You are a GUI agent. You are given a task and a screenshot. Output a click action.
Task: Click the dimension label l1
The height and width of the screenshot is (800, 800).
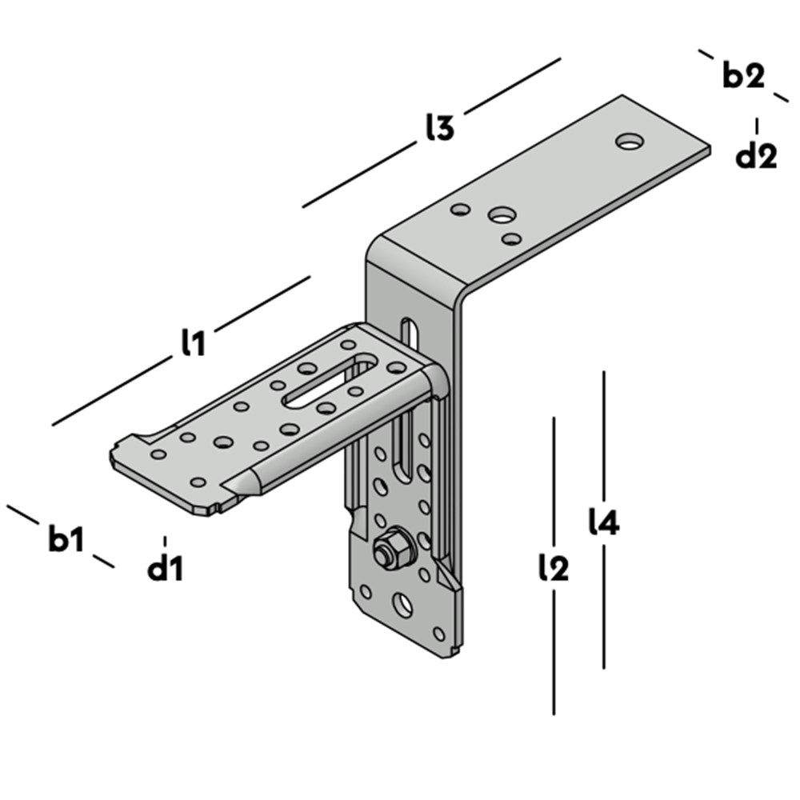coord(193,342)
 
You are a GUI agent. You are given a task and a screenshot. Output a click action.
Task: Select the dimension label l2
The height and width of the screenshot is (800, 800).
coord(554,568)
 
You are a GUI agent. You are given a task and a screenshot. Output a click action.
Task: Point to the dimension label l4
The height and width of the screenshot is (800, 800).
coord(604,522)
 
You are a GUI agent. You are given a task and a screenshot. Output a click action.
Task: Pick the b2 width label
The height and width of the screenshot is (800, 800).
coord(743,76)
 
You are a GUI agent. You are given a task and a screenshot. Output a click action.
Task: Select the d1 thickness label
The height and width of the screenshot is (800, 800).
coord(166,569)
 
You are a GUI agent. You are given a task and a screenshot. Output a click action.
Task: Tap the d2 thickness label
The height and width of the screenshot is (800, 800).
coord(756,156)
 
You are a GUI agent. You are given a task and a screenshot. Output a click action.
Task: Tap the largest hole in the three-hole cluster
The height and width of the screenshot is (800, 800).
coord(502,214)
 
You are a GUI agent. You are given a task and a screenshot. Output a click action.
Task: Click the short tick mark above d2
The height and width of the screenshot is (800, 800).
coord(756,126)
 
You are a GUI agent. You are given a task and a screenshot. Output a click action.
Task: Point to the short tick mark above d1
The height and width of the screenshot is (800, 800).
coord(166,542)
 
